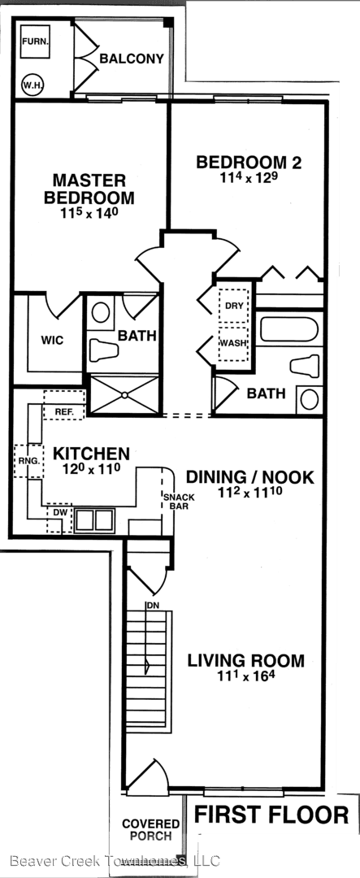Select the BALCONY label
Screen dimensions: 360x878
[132, 59]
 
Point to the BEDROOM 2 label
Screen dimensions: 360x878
[249, 163]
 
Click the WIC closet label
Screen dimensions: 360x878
[52, 341]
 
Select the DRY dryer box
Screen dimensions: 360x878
[233, 305]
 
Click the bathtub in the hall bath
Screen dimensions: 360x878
[289, 329]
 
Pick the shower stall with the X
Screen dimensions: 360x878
[124, 395]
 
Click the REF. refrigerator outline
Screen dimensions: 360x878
[64, 405]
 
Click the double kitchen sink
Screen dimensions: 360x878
[94, 520]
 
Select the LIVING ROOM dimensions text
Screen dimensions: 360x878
[246, 676]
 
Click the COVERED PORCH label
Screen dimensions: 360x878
[150, 830]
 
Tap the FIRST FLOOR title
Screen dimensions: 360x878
[271, 815]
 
